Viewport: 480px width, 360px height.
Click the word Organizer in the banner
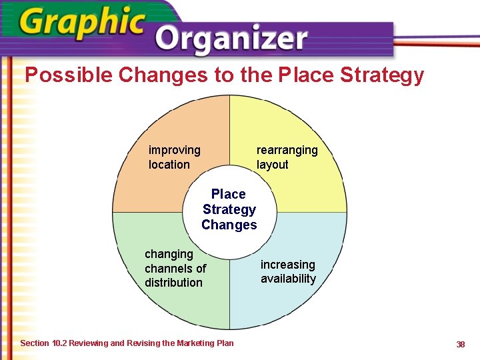[x=233, y=40]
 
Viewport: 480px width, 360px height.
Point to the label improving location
[x=174, y=157]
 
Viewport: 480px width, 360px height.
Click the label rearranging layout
[x=287, y=157]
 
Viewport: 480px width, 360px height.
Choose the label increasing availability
[x=288, y=272]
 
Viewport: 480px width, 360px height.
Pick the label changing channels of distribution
[x=175, y=268]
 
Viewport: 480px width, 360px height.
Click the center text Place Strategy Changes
[x=229, y=209]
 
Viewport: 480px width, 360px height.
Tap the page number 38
[x=460, y=344]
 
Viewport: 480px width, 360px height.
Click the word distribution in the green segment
[x=173, y=283]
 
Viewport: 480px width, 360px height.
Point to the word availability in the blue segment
[x=288, y=279]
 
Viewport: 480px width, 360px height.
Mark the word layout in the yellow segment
[x=272, y=165]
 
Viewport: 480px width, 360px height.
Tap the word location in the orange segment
[x=169, y=165]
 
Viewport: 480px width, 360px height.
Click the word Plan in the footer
[x=225, y=343]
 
